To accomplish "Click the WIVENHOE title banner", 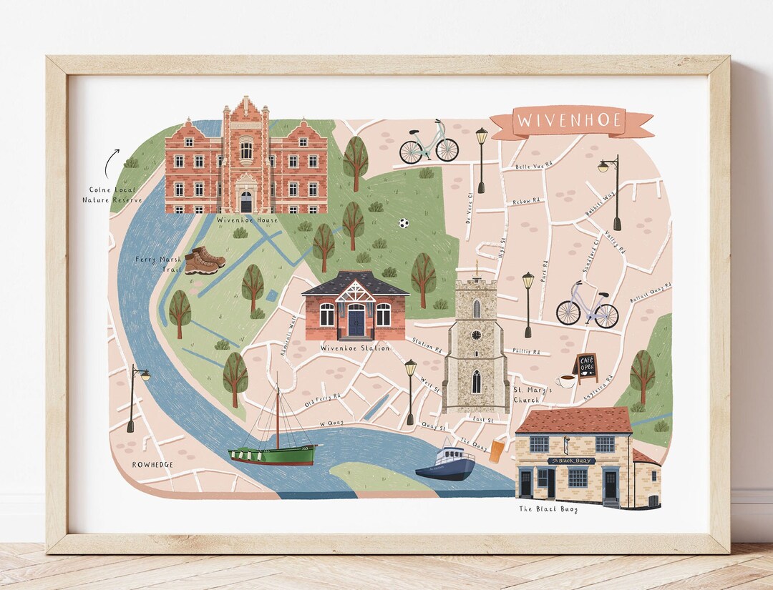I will coord(570,121).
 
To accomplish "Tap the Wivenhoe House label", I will coord(247,220).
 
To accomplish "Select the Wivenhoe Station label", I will coord(355,348).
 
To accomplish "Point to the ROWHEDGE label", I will coord(152,464).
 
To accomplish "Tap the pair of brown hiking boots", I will coord(204,260).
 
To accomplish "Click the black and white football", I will coord(404,223).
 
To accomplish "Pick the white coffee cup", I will coord(566,381).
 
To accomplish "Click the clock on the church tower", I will coord(476,335).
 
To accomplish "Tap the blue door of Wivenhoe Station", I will coord(356,323).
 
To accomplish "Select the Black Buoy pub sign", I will coord(570,461).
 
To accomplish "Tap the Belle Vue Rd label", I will coord(534,166).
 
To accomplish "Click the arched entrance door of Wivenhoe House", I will coord(245,202).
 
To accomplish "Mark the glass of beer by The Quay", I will coord(497,451).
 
